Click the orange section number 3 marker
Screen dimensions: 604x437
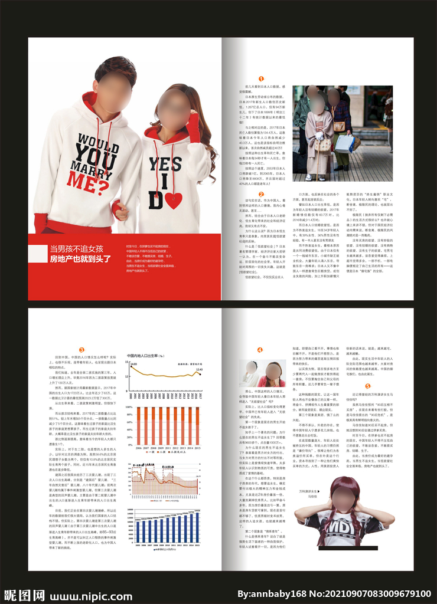[82, 349]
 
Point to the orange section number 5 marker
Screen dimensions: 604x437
[368, 386]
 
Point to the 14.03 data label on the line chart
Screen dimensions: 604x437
[133, 365]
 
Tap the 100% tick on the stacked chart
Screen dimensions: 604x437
[129, 408]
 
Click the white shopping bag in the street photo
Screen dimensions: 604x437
[344, 143]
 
